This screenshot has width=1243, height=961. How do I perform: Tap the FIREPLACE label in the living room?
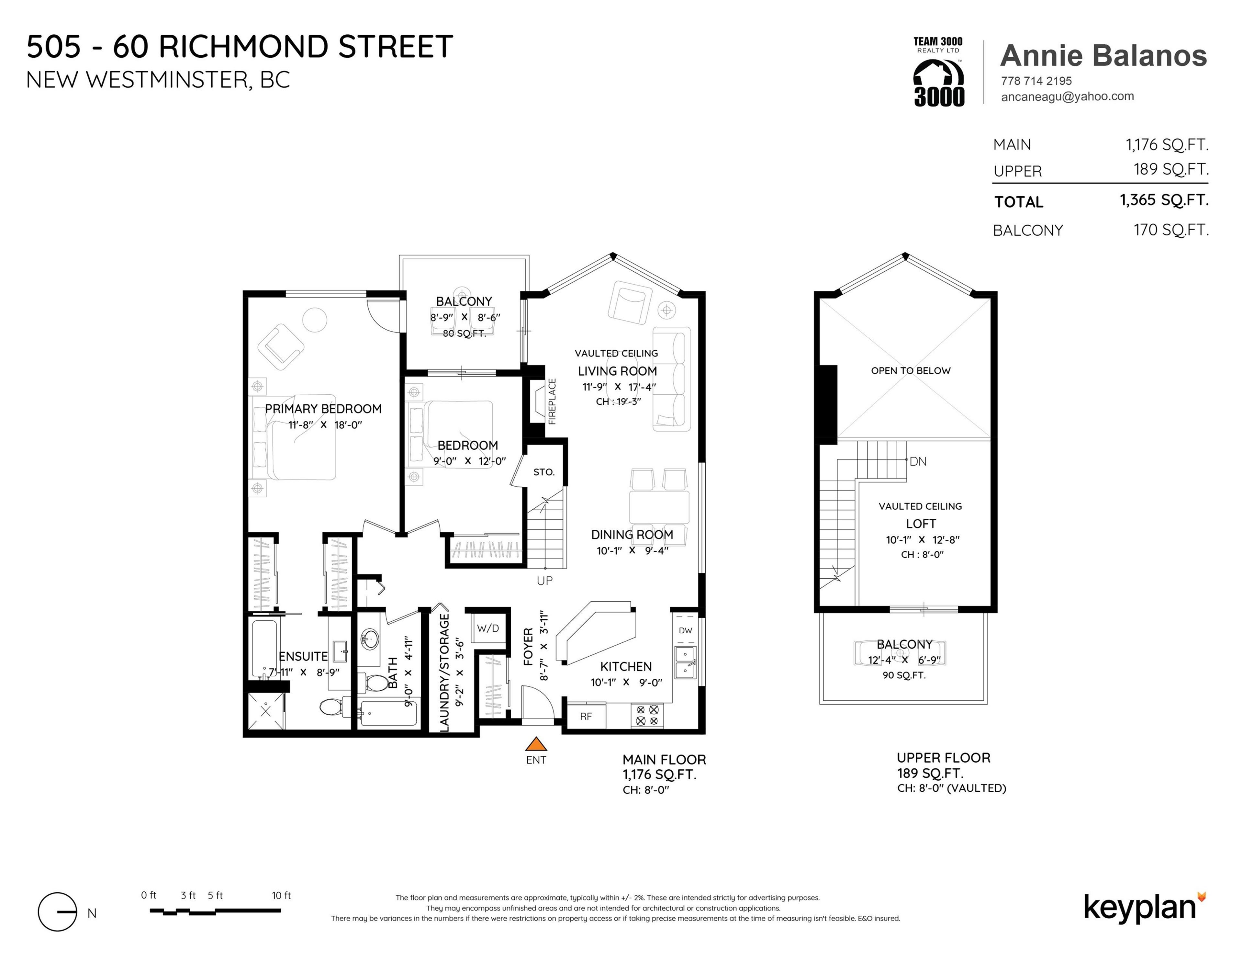[552, 401]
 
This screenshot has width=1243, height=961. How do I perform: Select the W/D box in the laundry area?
[488, 628]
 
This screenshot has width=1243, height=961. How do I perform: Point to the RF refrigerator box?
[586, 717]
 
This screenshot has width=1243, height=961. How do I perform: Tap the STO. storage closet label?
[543, 472]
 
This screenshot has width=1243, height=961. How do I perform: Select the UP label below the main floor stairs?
[545, 581]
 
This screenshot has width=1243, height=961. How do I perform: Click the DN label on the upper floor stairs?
[918, 462]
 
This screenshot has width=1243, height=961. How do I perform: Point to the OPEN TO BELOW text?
[911, 371]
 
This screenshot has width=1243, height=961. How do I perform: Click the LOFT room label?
[921, 524]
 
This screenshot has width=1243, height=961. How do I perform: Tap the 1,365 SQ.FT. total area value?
[1164, 200]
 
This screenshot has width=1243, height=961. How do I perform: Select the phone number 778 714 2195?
[1036, 81]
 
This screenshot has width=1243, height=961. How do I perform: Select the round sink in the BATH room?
[370, 639]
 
